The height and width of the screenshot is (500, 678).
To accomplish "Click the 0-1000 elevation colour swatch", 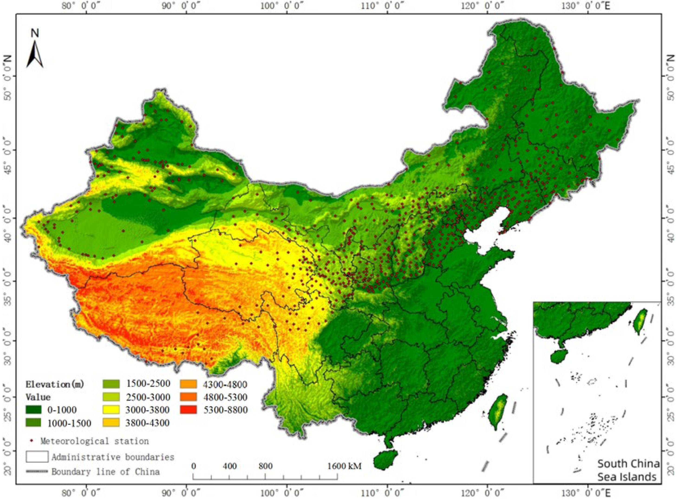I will tap(33, 410).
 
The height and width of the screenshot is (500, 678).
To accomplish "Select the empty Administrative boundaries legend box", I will tap(37, 457).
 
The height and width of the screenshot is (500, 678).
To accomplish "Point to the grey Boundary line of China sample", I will tap(37, 471).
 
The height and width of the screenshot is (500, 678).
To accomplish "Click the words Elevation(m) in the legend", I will tap(55, 384).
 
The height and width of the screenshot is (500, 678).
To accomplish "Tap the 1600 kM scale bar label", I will tap(344, 466).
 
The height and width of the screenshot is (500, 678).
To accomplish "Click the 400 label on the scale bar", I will tap(230, 466).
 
